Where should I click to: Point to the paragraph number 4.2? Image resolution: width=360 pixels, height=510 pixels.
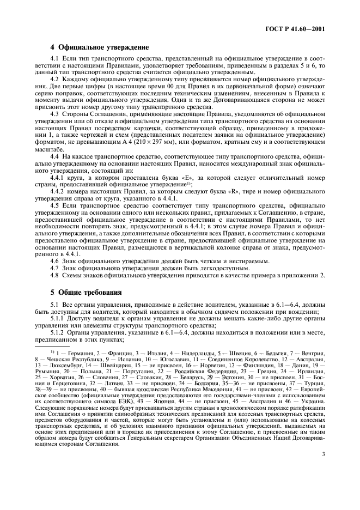54,80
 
